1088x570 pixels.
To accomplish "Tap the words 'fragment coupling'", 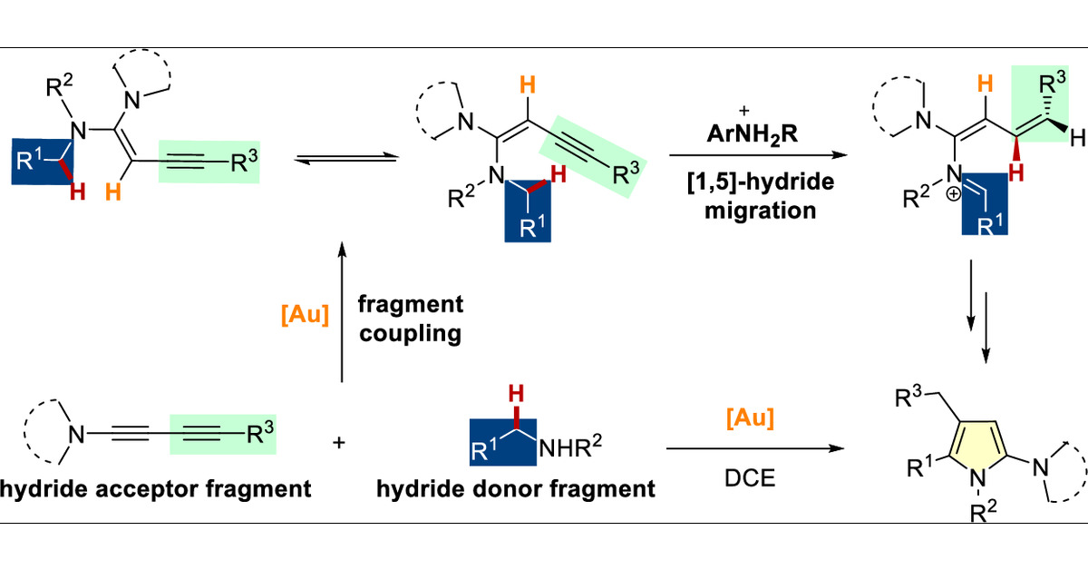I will (411, 319).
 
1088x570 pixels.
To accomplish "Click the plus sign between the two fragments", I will (340, 445).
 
